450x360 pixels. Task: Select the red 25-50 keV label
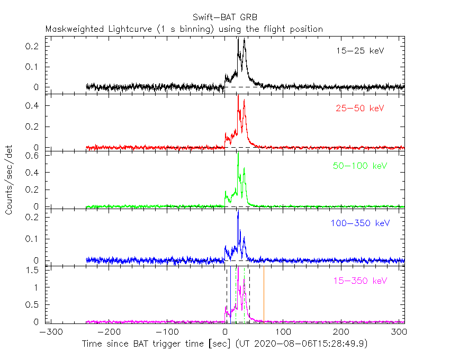point(359,109)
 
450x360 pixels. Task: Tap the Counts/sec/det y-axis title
point(10,180)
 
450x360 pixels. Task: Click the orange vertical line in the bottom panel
point(264,296)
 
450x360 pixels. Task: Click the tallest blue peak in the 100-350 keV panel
point(238,212)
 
